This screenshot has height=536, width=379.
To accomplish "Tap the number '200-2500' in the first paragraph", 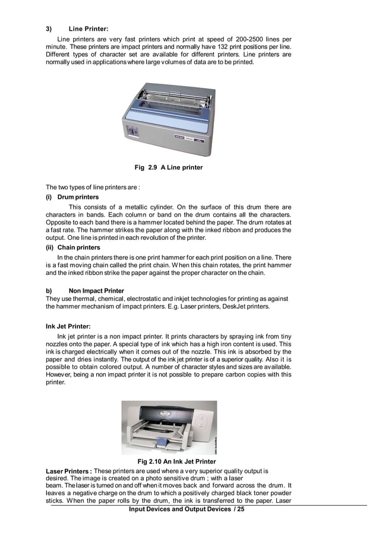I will point(251,40).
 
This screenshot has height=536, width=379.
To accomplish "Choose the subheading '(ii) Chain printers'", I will point(74,247).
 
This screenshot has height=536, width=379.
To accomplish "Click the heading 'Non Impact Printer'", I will point(97,291).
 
